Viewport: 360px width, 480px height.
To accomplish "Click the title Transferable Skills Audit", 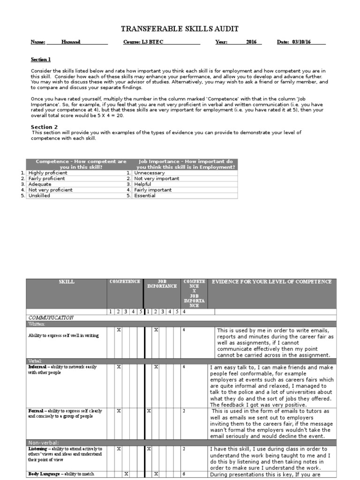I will [x=180, y=29].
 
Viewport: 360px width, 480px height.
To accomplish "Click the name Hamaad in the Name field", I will [x=71, y=42].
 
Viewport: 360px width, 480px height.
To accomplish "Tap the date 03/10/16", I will [x=301, y=42].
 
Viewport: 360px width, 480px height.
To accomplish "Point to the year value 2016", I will [x=252, y=42].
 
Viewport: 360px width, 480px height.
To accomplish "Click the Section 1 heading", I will [x=40, y=60].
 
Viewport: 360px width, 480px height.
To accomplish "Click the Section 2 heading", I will [x=45, y=127].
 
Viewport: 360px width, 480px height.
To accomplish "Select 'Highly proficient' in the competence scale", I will [x=48, y=173].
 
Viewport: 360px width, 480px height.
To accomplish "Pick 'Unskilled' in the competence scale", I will [x=39, y=195].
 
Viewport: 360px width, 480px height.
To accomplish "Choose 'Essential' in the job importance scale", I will [x=145, y=195].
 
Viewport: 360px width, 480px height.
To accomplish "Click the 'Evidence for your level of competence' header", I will [x=272, y=282].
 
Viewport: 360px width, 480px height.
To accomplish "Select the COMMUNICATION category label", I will [x=52, y=317].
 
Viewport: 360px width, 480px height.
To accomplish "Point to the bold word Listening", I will [x=37, y=449].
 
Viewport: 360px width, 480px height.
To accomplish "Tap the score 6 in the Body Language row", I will [x=184, y=474].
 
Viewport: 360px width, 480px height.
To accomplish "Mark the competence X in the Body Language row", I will [x=126, y=474].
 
